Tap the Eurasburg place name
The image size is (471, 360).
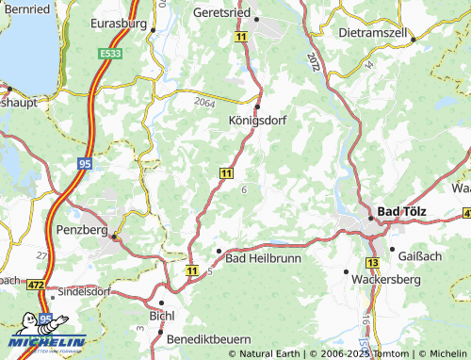click(118, 21)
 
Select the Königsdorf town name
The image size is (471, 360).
click(257, 121)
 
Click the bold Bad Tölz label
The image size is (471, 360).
click(400, 212)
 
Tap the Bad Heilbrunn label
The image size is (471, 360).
click(261, 257)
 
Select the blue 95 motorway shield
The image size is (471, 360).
click(84, 164)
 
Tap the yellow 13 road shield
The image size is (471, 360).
click(373, 261)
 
